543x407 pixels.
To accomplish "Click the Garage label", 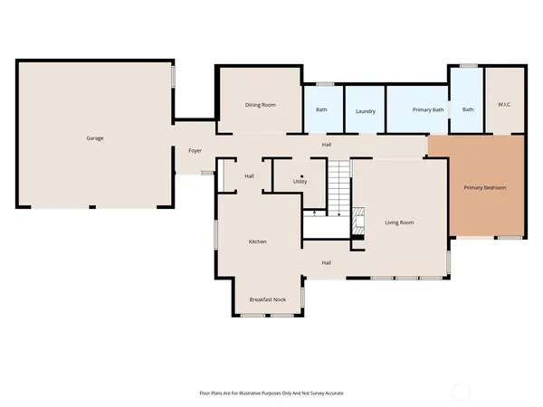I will coord(95,138).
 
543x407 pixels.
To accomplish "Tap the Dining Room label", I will coord(261,105).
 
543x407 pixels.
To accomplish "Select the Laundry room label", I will coord(366,110).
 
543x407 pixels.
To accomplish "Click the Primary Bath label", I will coord(427,110).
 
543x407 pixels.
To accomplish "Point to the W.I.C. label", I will coord(504,105).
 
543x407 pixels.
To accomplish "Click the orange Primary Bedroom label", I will coord(484,187).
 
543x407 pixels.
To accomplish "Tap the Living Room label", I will coord(399,222).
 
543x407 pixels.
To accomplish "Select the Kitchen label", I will coord(258,241).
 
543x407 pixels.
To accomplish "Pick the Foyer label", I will coord(195,150).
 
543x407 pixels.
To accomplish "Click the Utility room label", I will coord(300,181).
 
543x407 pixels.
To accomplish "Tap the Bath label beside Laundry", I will coord(321,110).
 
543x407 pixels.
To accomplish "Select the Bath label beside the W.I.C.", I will coord(468,110).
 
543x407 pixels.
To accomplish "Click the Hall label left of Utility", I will coord(249,175).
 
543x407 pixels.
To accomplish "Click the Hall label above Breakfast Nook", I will coord(327,263).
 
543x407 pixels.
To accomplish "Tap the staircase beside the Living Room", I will coord(338,187).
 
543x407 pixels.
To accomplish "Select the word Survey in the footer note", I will coord(319,393).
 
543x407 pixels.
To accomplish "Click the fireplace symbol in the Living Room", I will coord(358,221).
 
